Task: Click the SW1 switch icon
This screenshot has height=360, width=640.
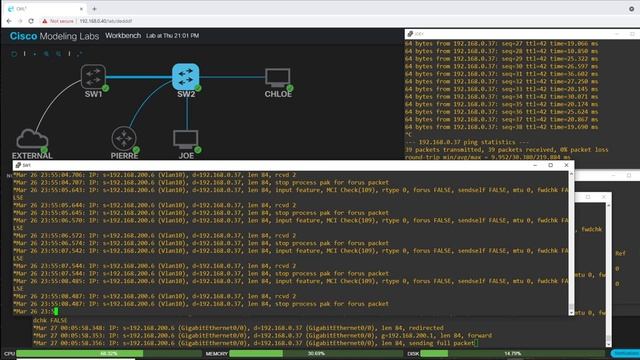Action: coord(93,77)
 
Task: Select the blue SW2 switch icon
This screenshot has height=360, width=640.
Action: coord(185,76)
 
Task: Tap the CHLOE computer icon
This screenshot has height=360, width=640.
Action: coord(277,77)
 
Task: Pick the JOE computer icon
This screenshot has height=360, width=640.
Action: coord(185,138)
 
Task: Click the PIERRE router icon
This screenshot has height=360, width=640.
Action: coord(123,138)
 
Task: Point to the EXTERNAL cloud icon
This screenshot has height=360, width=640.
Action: coord(32,138)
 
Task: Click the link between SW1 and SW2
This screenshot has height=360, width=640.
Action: coord(139,77)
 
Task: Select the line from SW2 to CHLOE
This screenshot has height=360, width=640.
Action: coord(231,77)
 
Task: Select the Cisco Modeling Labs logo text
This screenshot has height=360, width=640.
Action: coord(54,36)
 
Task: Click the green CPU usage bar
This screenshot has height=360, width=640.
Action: coord(109,353)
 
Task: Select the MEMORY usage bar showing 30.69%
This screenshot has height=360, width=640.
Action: coord(316,353)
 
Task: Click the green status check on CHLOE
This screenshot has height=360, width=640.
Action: coord(289,88)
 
